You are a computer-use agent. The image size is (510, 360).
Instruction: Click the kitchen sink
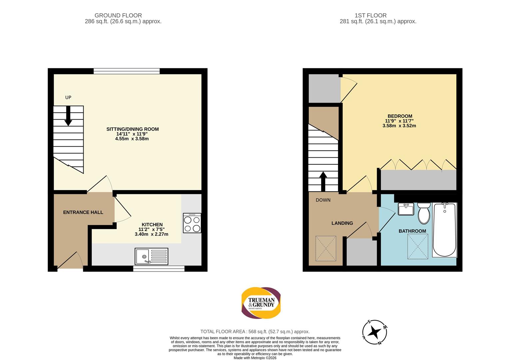(152, 256)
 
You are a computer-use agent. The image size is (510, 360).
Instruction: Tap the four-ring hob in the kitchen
(192, 223)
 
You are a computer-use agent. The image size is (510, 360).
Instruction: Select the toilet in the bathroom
(424, 213)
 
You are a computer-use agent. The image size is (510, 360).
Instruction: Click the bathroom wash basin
(406, 209)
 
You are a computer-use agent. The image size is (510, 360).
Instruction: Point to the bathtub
(444, 230)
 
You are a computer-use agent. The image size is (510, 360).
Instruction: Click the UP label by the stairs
(68, 98)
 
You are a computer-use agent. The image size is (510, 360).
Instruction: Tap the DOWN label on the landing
(323, 200)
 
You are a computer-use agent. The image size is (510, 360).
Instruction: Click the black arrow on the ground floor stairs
(68, 116)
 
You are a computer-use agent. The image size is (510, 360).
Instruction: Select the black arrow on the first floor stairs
(323, 181)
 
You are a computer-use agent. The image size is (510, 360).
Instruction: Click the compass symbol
(375, 332)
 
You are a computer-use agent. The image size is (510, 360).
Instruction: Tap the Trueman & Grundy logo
(261, 303)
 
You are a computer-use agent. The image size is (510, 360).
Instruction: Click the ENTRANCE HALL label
(83, 212)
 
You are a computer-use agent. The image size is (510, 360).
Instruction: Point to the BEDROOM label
(400, 116)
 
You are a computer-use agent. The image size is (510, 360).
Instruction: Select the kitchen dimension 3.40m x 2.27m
(152, 234)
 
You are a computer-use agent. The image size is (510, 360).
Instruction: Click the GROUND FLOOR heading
(118, 15)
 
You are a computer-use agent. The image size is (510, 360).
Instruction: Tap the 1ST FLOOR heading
(371, 15)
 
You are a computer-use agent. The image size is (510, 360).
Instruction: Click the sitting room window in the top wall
(127, 71)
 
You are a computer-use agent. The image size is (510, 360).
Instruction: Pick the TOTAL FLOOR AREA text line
(255, 332)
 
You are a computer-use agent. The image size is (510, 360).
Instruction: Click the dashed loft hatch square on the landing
(326, 248)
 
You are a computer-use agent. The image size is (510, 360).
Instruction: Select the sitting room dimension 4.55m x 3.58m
(132, 139)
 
